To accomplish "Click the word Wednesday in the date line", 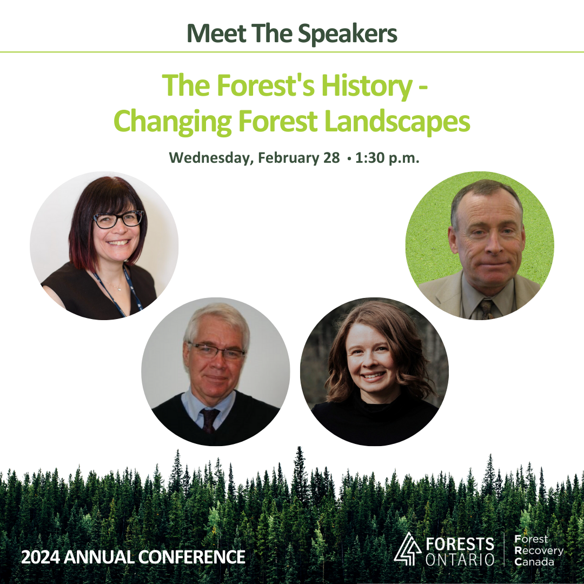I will (211, 158).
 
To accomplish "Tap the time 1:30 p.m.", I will (387, 158).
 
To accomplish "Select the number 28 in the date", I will (331, 158).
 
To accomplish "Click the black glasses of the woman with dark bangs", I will (118, 218).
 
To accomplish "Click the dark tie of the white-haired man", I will (210, 419).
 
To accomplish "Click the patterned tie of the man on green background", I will (486, 308).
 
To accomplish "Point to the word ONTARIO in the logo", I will (460, 560).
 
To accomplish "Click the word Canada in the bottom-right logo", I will (535, 562).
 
